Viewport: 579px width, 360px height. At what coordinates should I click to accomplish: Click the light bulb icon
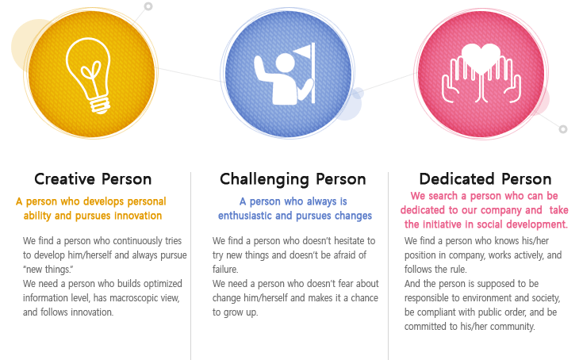[89, 74]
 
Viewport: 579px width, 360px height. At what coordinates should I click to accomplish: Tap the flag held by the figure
[303, 52]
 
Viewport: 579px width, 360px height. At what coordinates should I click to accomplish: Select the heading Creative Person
[93, 179]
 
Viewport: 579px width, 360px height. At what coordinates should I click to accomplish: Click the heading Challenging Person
[293, 179]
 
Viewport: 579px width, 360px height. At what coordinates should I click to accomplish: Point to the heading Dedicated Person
[485, 179]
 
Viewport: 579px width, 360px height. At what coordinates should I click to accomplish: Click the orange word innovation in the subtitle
[138, 216]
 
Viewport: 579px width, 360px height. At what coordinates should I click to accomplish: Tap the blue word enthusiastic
[244, 216]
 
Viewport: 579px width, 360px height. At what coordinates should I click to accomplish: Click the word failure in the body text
[225, 270]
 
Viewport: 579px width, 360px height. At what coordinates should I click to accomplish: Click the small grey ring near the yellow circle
[148, 6]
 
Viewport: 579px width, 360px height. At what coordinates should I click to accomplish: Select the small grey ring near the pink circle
[563, 129]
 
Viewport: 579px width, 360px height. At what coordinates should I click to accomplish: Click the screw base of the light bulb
[100, 105]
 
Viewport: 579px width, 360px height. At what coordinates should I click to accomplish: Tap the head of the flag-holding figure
[285, 63]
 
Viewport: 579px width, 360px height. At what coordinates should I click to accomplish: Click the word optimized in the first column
[163, 284]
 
